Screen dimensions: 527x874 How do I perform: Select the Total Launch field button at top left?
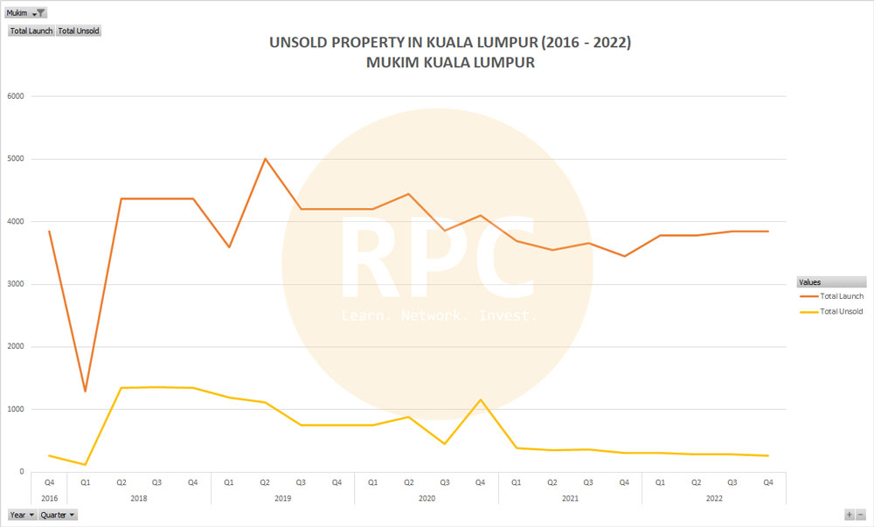(31, 31)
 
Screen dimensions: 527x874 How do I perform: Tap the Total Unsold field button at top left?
(79, 31)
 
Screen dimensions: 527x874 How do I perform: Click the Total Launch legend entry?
(842, 296)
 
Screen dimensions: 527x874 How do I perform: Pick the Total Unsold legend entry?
(842, 311)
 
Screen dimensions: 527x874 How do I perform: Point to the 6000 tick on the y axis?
(15, 96)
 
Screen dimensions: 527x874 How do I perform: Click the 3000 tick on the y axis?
(15, 284)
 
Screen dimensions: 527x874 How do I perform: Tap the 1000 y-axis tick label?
(15, 409)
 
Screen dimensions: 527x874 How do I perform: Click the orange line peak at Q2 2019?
(265, 158)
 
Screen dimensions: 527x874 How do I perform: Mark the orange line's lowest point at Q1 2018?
(85, 391)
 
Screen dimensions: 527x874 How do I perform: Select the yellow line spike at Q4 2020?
(480, 399)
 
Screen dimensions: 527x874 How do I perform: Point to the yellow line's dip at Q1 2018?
(85, 464)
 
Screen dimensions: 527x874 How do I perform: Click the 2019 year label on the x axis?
(282, 498)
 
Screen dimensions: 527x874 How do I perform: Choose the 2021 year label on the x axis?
(570, 498)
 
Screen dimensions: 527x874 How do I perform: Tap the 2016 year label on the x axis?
(49, 498)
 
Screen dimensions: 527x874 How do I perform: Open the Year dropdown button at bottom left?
(23, 515)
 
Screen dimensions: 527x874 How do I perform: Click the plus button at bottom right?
(849, 515)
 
